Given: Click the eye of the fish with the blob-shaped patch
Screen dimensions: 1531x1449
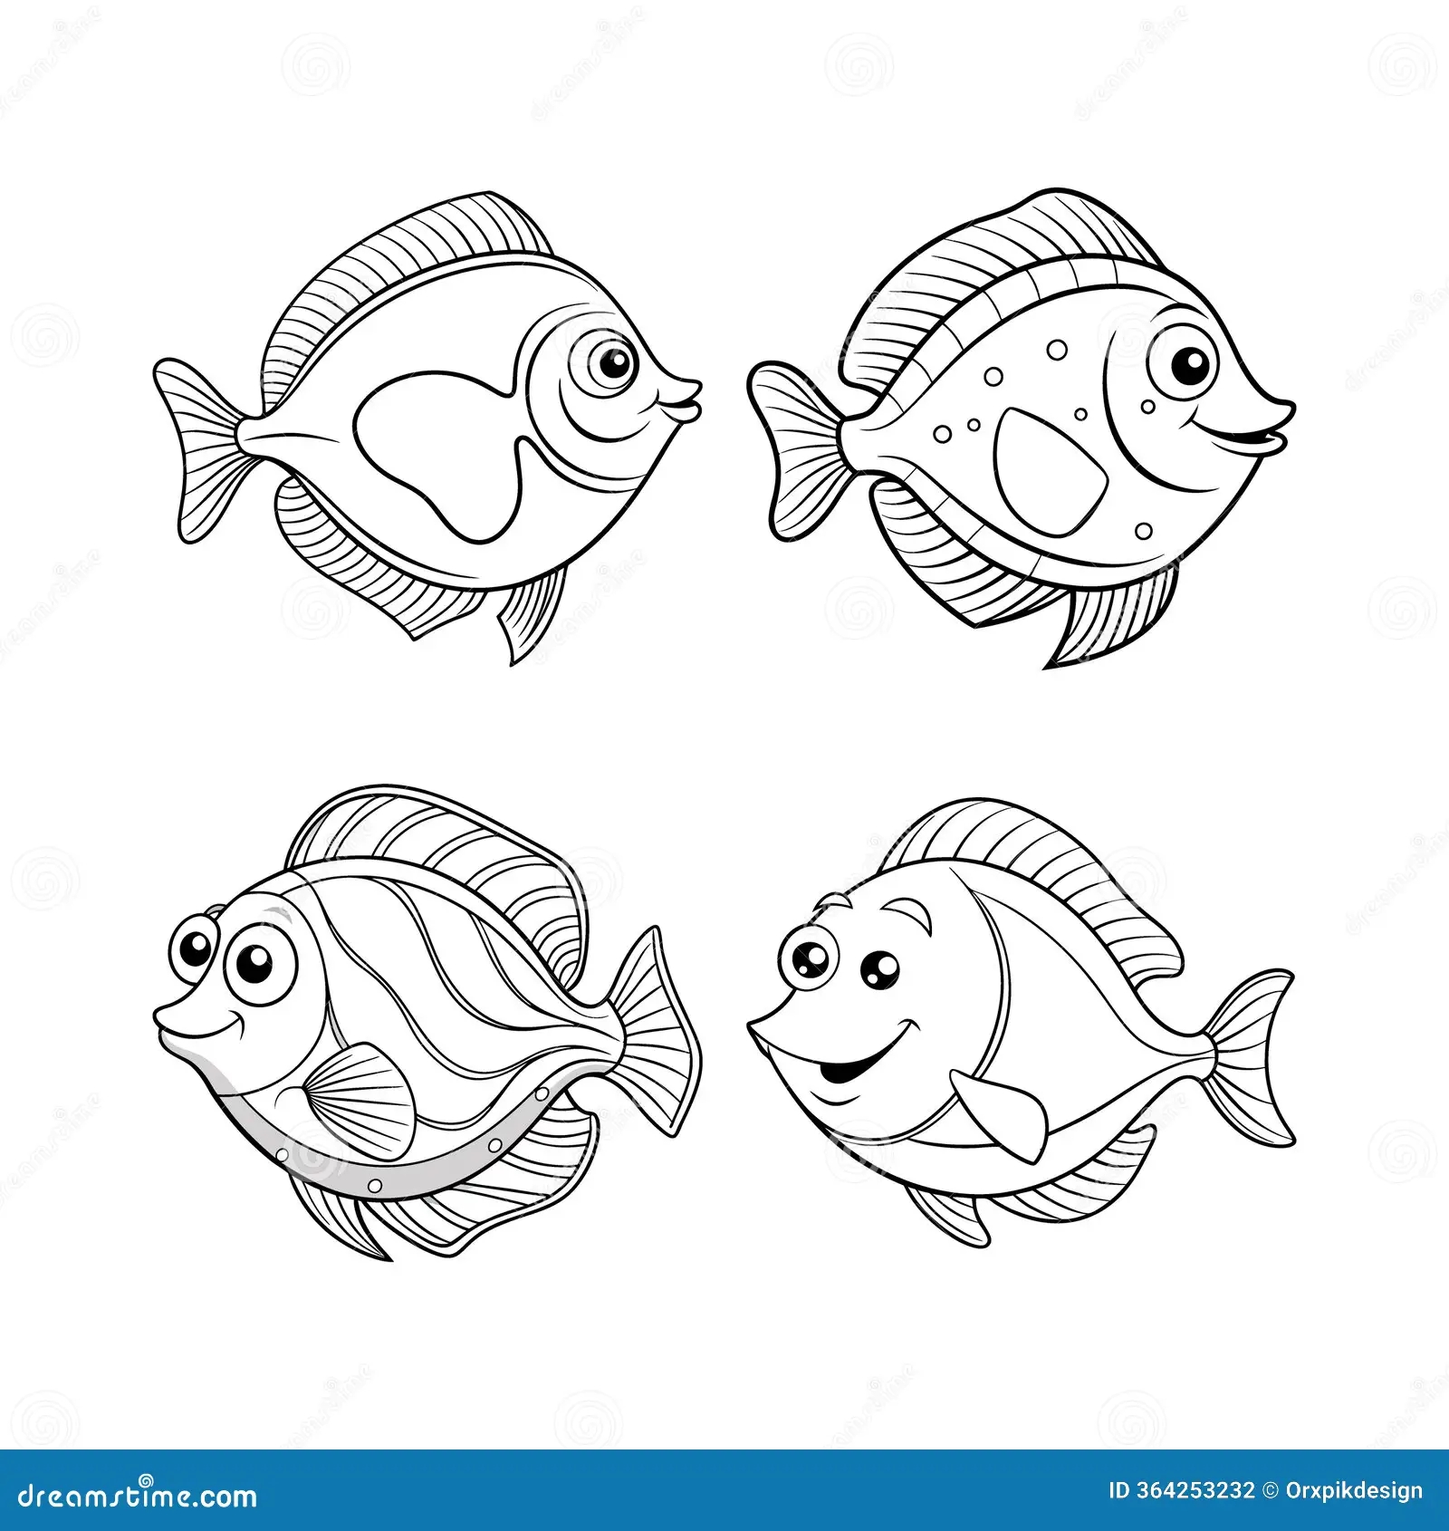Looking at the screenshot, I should [613, 364].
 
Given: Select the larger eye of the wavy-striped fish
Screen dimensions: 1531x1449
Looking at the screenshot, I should [253, 965].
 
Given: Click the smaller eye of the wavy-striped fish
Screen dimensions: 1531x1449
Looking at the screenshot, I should [194, 948].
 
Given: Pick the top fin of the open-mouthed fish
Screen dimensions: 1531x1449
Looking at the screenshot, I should [1041, 870].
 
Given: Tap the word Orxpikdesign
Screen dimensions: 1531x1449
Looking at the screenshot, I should [1354, 1490].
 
